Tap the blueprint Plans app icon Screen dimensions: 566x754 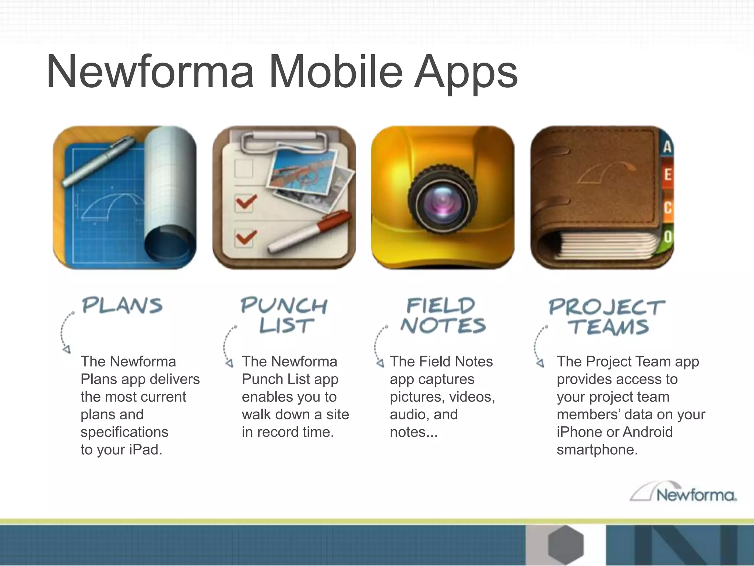pos(125,198)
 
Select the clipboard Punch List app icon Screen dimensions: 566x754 pos(284,198)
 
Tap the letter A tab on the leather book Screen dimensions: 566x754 pos(667,147)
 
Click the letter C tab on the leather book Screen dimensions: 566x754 pos(667,207)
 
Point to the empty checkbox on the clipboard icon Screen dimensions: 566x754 pos(243,168)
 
